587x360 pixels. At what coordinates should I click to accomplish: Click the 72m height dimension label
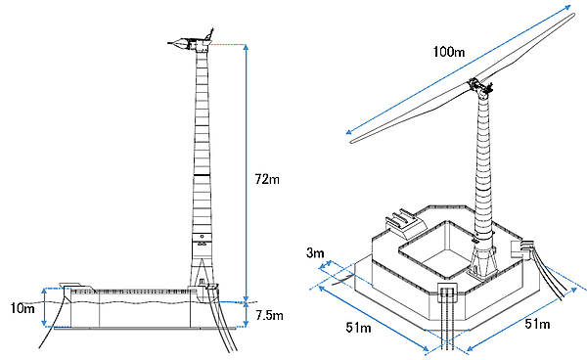pyautogui.click(x=267, y=179)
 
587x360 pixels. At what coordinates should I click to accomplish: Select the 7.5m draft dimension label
pyautogui.click(x=269, y=315)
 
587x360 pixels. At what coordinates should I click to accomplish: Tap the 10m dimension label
pyautogui.click(x=23, y=308)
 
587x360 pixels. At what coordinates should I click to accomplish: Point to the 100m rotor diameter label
pyautogui.click(x=449, y=51)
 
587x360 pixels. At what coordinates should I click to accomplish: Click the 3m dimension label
pyautogui.click(x=315, y=253)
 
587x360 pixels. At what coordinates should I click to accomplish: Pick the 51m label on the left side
pyautogui.click(x=358, y=328)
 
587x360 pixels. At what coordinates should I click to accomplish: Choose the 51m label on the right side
pyautogui.click(x=537, y=324)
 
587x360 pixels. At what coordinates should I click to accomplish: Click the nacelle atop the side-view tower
pyautogui.click(x=190, y=43)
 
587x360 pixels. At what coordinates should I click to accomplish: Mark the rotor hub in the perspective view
pyautogui.click(x=479, y=87)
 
